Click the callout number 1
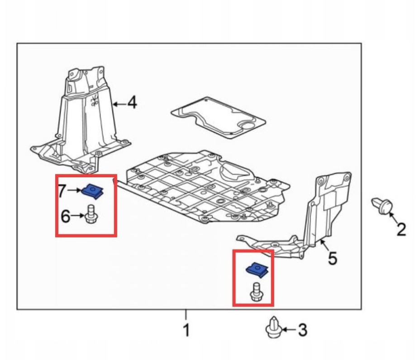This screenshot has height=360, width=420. [186, 330]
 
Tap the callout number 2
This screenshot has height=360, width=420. [401, 229]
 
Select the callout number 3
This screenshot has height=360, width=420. [302, 330]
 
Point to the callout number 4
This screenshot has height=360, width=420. [132, 103]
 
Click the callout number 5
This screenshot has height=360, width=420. [332, 258]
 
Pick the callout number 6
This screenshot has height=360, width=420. [66, 216]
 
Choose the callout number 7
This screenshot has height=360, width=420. [62, 191]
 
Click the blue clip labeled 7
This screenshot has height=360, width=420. [93, 191]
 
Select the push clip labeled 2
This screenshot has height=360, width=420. [382, 206]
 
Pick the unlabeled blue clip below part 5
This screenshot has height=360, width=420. [257, 270]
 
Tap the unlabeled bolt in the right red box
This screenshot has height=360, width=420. [256, 292]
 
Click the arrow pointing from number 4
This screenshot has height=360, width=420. [119, 104]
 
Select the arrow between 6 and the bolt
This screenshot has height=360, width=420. [78, 215]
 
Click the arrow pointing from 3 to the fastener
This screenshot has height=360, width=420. [289, 330]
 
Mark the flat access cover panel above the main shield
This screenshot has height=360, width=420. [218, 118]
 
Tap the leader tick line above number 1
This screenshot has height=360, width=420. [186, 314]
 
